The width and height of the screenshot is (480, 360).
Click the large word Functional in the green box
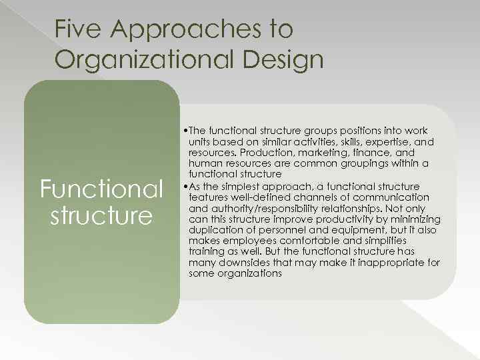(x=101, y=189)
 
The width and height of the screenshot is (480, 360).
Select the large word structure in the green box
(x=101, y=216)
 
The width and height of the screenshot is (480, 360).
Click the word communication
(x=391, y=197)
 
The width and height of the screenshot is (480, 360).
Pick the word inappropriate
(x=395, y=263)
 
